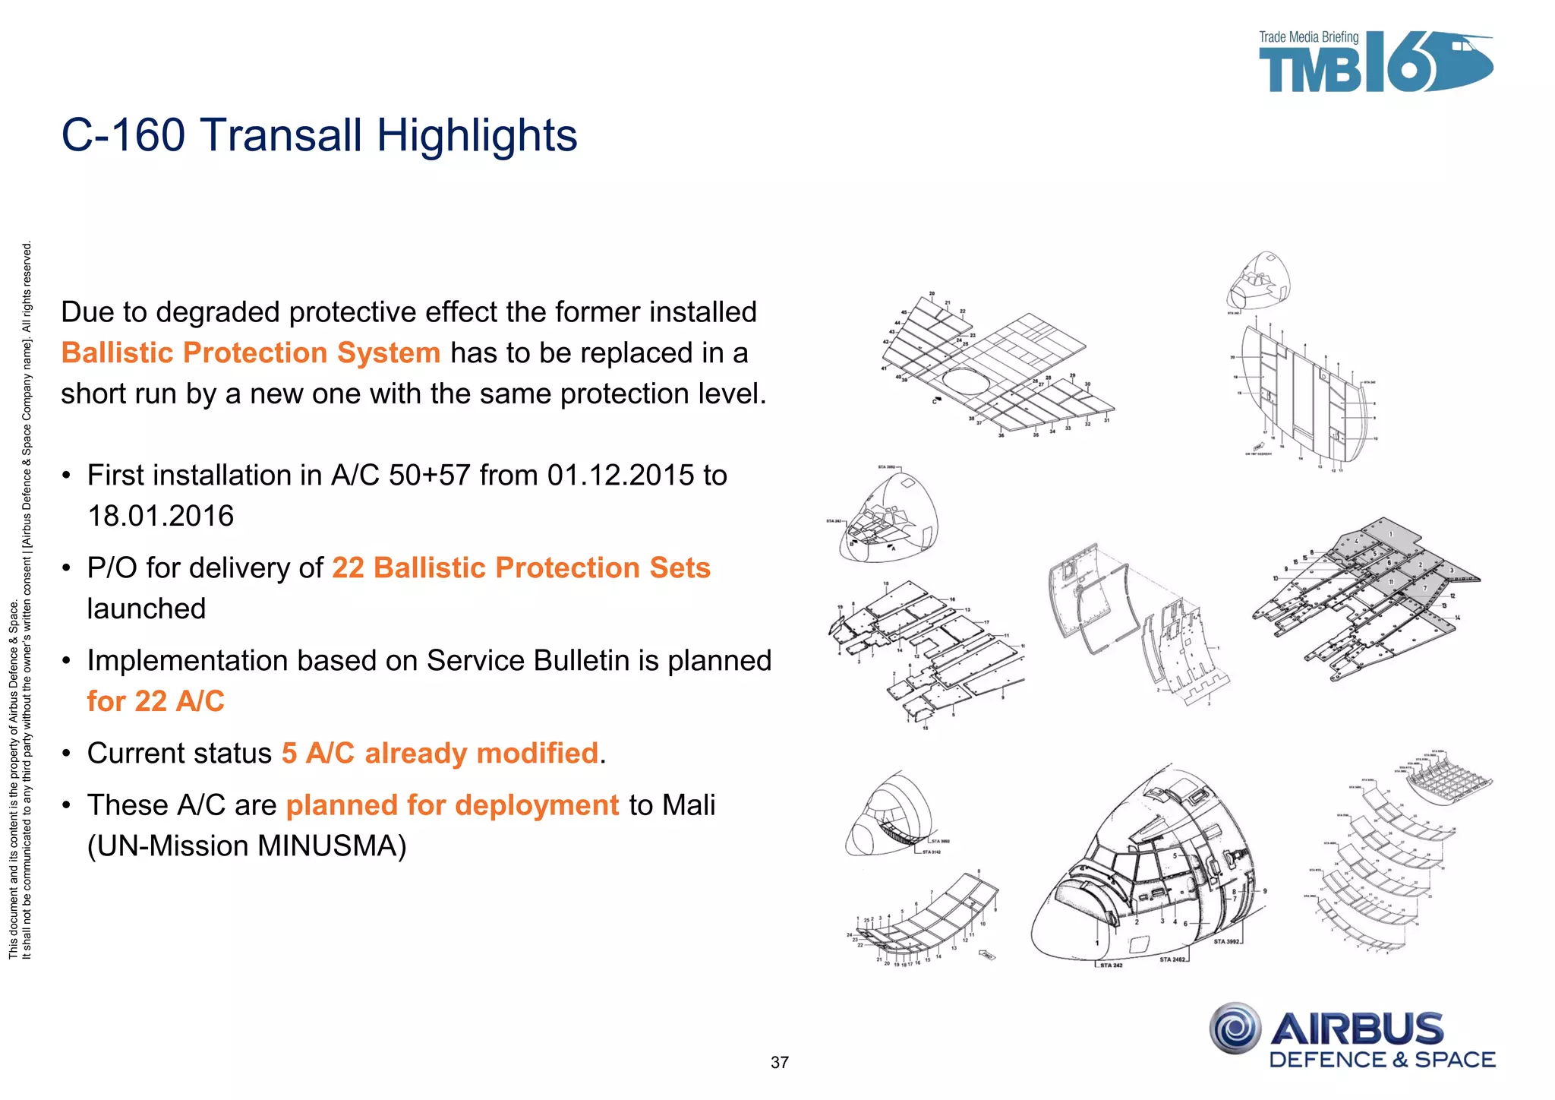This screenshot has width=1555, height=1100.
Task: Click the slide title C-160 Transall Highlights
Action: [319, 135]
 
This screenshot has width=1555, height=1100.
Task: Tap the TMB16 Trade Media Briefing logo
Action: [1374, 63]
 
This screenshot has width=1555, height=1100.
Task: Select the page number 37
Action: [780, 1063]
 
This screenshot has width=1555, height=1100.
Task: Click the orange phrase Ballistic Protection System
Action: [251, 353]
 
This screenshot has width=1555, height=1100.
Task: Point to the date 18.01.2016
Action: [161, 517]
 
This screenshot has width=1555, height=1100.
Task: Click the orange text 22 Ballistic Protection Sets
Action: [521, 568]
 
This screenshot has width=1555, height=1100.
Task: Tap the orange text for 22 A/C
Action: [156, 701]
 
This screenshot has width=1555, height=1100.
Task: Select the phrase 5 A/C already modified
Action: [440, 754]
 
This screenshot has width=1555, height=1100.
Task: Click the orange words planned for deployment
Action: [453, 805]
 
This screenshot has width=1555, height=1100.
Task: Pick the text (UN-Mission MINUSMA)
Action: [247, 846]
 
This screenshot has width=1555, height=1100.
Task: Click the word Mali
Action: [688, 805]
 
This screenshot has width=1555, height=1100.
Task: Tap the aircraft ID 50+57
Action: [429, 476]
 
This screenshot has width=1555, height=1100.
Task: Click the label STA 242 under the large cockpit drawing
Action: [1111, 966]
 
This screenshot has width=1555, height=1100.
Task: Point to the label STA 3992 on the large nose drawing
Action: [1225, 942]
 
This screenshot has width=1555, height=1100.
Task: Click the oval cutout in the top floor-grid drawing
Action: [969, 381]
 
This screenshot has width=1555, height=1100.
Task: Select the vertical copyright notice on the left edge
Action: [21, 600]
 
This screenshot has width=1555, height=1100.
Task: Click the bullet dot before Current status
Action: [67, 754]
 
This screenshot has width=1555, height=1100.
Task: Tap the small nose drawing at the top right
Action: [1258, 281]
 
